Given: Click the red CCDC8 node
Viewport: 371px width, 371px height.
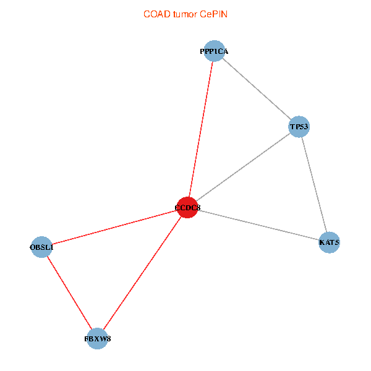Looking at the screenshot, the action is tap(187, 208).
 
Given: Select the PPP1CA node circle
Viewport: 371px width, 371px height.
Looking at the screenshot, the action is tap(214, 51).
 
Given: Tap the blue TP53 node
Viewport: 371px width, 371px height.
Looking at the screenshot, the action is tap(299, 127).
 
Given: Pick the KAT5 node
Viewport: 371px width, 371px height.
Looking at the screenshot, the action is tap(329, 242).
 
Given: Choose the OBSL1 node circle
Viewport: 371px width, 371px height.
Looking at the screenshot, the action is tap(41, 247).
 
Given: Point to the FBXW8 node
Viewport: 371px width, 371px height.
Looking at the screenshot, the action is tap(98, 339).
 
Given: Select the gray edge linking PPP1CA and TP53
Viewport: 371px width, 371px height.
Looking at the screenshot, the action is tap(256, 89).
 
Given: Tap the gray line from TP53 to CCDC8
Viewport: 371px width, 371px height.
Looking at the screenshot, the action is tap(243, 167).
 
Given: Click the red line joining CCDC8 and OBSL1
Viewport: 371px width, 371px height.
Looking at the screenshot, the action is tap(114, 228).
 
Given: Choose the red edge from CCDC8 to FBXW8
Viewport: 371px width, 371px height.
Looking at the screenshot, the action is tap(142, 273).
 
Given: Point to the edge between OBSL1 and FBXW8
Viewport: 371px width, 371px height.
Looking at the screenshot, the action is tap(69, 293).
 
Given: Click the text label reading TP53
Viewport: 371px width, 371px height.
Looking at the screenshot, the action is tap(299, 127).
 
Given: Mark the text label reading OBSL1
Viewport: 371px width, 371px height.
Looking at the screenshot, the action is tap(41, 248).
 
